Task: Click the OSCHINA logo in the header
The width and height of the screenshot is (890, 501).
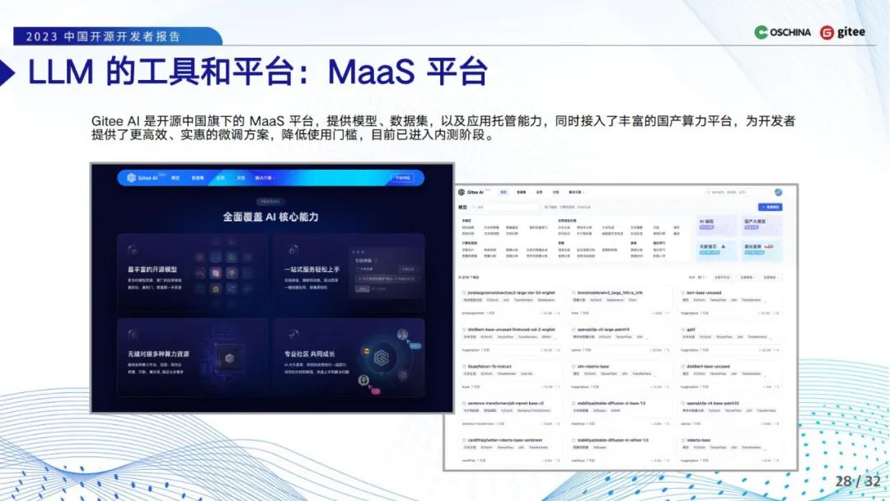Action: coord(783,33)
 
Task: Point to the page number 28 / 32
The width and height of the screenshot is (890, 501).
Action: coord(857,481)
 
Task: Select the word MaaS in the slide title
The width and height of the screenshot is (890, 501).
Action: coord(371,73)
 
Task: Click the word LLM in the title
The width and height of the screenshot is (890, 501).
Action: coord(62,73)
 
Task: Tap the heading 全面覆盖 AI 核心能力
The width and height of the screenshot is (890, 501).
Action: coord(270,217)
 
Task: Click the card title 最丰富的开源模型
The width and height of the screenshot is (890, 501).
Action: coord(152,270)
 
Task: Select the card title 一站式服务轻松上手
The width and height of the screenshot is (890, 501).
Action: coord(313,270)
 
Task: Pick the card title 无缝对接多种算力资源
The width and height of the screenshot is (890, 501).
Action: coord(158,354)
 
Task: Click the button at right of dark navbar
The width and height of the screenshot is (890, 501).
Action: coord(401,177)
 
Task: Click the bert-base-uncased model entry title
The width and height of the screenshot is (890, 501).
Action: coord(705,293)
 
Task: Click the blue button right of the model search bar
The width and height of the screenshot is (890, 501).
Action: coord(770,207)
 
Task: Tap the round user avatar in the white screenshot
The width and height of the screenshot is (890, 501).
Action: coord(778,192)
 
